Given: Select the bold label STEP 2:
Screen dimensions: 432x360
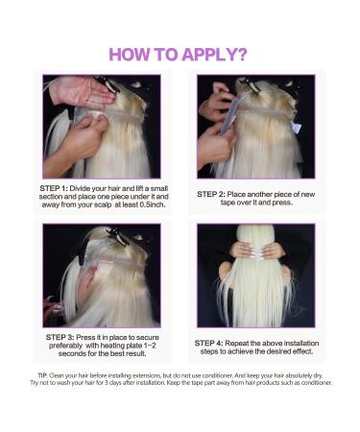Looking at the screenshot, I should coord(218,194).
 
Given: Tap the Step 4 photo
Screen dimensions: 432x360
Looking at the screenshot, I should coord(256,275).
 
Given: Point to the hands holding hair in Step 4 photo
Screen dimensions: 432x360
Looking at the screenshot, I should coord(255,252).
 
